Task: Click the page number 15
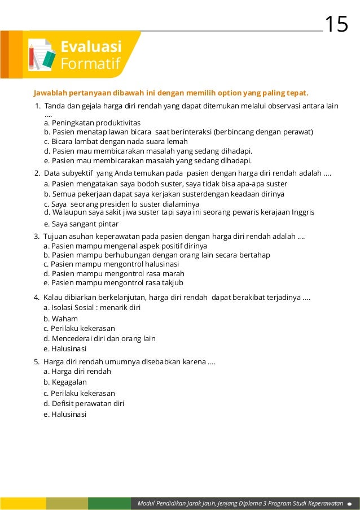pyautogui.click(x=336, y=24)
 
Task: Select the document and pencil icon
pyautogui.click(x=41, y=55)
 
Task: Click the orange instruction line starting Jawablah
pyautogui.click(x=171, y=92)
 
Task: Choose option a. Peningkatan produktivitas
pyautogui.click(x=92, y=122)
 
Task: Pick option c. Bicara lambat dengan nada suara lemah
pyautogui.click(x=116, y=141)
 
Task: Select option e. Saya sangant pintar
pyautogui.click(x=81, y=224)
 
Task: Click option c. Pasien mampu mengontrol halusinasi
pyautogui.click(x=111, y=264)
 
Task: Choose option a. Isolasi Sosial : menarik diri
pyautogui.click(x=92, y=307)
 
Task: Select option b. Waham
pyautogui.click(x=61, y=319)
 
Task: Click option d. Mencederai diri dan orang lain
pyautogui.click(x=99, y=338)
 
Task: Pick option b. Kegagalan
pyautogui.click(x=65, y=382)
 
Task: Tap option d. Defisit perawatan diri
pyautogui.click(x=84, y=403)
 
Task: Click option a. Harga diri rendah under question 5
pyautogui.click(x=77, y=371)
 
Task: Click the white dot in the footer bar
pyautogui.click(x=350, y=503)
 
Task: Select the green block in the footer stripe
pyautogui.click(x=109, y=503)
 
